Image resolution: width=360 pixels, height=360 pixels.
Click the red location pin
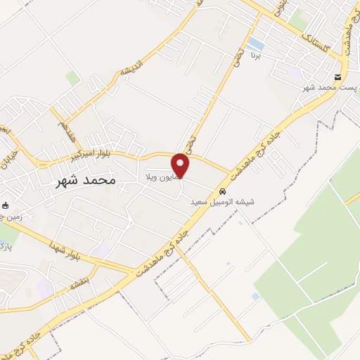pyautogui.click(x=181, y=166)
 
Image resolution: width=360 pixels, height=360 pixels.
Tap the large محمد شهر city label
pyautogui.click(x=85, y=180)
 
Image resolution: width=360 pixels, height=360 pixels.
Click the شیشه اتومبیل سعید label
pyautogui.click(x=222, y=202)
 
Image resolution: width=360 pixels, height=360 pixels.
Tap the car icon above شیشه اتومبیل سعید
pyautogui.click(x=222, y=191)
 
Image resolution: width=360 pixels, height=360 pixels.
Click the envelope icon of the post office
pyautogui.click(x=338, y=77)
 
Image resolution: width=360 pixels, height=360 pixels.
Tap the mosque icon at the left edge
pyautogui.click(x=6, y=205)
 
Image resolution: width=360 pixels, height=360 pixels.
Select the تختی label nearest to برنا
pyautogui.click(x=238, y=52)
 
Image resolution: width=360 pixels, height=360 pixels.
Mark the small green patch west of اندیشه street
pyautogui.click(x=72, y=77)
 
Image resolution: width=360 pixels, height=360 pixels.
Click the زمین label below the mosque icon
pyautogui.click(x=11, y=217)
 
